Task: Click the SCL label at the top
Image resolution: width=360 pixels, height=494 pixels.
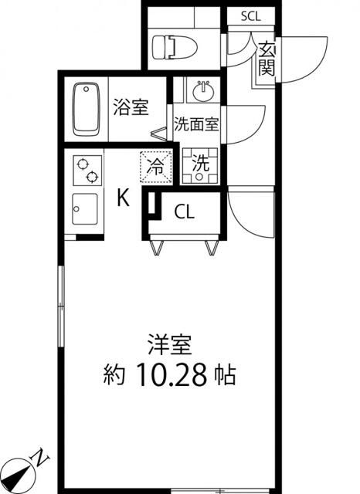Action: pyautogui.click(x=251, y=15)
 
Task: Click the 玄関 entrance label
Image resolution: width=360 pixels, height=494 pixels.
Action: pyautogui.click(x=267, y=59)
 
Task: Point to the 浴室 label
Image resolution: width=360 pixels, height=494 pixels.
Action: pyautogui.click(x=131, y=108)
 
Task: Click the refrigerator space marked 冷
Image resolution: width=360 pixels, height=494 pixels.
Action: pyautogui.click(x=155, y=164)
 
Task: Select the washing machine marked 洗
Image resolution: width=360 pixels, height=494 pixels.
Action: pyautogui.click(x=200, y=164)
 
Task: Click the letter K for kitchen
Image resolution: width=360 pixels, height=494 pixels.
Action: pyautogui.click(x=124, y=199)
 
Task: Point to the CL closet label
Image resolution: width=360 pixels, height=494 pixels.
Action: pyautogui.click(x=184, y=211)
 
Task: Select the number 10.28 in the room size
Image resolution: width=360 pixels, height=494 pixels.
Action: pyautogui.click(x=175, y=377)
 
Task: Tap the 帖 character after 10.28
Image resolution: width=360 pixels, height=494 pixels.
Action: pyautogui.click(x=226, y=377)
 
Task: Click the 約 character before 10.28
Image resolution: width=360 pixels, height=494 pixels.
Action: pyautogui.click(x=117, y=377)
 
